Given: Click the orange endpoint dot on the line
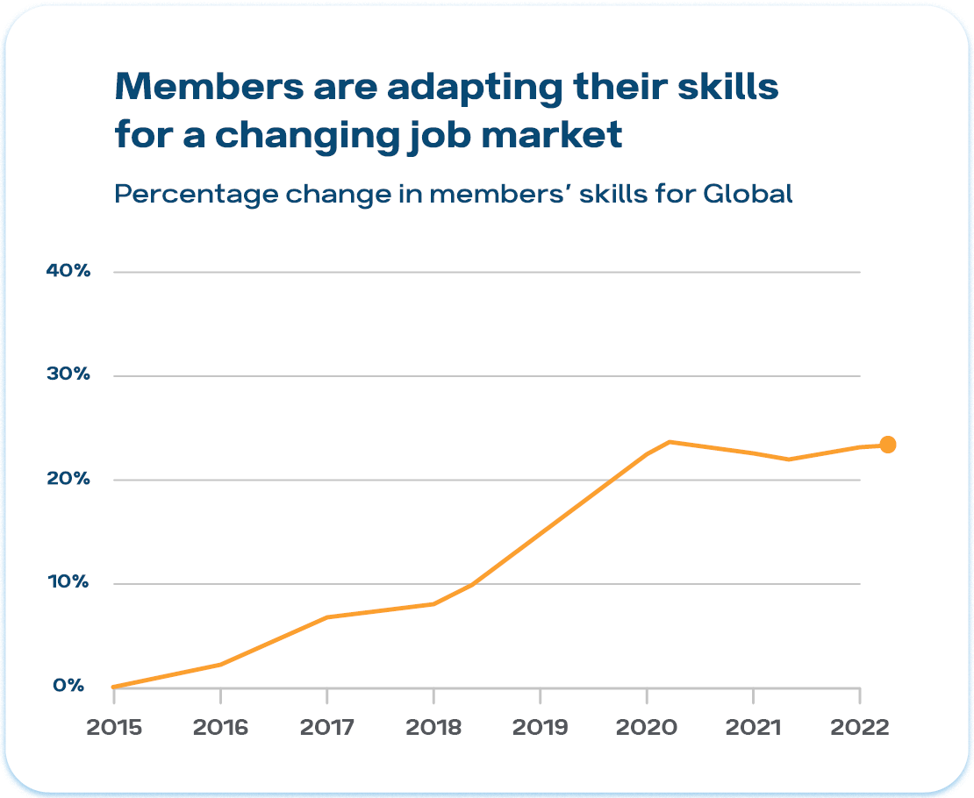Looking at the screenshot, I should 887,445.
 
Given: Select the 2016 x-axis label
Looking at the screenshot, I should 220,728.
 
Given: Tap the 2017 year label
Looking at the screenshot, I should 326,728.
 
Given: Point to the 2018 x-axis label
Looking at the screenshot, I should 433,728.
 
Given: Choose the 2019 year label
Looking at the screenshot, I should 540,728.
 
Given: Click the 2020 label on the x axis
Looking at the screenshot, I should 647,728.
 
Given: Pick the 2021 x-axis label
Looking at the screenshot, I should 753,728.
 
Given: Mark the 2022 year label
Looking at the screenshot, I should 860,728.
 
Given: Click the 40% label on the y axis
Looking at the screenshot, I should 68,271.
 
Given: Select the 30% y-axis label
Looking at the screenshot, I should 68,374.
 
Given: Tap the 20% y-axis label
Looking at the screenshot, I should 68,479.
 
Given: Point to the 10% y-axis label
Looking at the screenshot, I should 68,582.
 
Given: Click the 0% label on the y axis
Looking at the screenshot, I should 68,686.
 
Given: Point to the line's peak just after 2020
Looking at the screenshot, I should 670,442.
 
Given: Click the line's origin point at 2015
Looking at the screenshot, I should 114,687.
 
